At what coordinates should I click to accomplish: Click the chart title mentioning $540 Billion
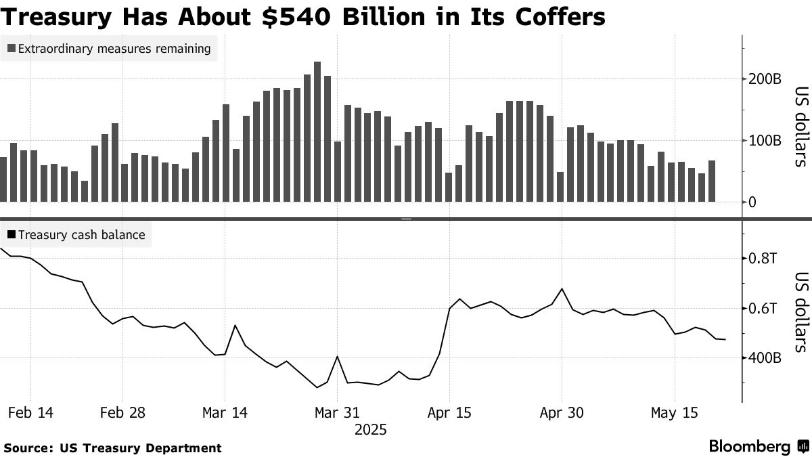[302, 16]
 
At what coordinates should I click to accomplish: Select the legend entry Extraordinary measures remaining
[109, 49]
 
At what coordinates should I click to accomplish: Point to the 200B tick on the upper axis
[764, 79]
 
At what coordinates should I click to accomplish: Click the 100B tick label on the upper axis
[764, 141]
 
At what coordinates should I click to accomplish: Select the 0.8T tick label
[763, 258]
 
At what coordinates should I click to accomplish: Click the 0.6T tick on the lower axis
[763, 309]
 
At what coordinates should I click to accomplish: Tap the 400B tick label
[764, 358]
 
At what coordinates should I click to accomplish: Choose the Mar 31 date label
[338, 413]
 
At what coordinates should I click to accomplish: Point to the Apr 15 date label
[449, 413]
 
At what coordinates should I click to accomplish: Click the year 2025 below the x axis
[371, 430]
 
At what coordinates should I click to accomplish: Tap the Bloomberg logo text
[749, 447]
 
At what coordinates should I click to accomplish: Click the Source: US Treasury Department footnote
[112, 448]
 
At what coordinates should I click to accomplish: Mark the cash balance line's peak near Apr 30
[562, 289]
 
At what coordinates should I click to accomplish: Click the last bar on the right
[712, 181]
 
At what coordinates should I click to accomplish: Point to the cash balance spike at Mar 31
[337, 357]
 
